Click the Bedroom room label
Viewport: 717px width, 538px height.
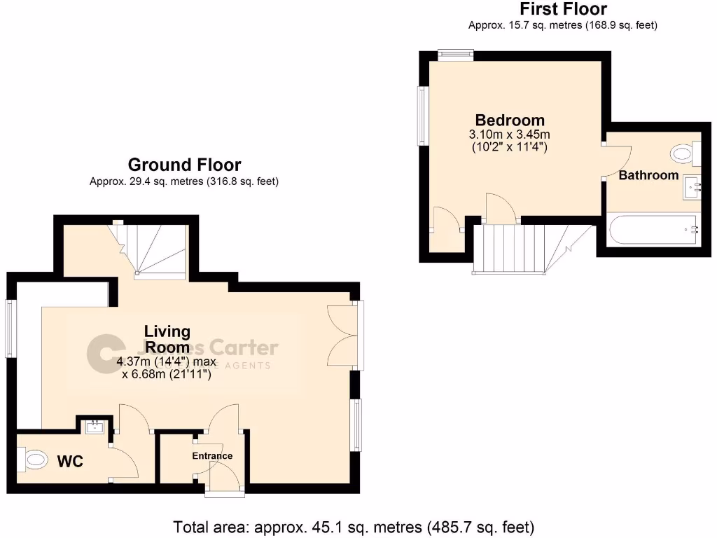pos(509,120)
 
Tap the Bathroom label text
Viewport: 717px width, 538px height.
pos(648,175)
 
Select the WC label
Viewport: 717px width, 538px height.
pos(70,462)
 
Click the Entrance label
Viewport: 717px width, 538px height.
pos(212,456)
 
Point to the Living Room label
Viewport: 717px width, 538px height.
pos(167,339)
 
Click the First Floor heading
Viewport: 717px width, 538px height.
pos(562,9)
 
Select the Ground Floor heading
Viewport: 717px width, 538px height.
pos(184,165)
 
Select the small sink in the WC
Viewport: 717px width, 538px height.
pos(93,426)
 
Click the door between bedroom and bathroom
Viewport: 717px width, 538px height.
pos(616,161)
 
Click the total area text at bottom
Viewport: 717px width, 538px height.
pos(354,526)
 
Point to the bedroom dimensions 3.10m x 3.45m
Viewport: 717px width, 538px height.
pos(509,134)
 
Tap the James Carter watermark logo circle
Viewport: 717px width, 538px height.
pos(104,352)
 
